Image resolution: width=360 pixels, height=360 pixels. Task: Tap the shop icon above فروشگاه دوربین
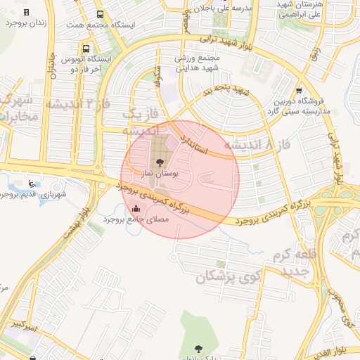pos(300,90)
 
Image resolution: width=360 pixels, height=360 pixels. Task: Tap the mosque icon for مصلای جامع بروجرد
pos(136,208)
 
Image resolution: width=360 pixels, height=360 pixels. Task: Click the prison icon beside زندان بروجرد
pos(27,13)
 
